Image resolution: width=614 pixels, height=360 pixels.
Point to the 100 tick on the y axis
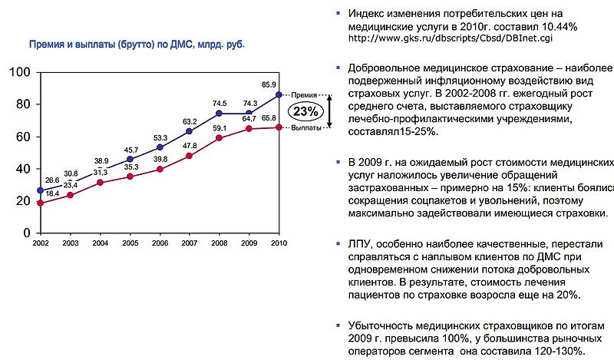pyautogui.click(x=20, y=72)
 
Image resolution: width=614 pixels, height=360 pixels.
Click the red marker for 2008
pyautogui.click(x=220, y=138)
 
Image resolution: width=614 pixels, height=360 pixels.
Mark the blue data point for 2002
pyautogui.click(x=40, y=190)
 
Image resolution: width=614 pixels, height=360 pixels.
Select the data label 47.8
pyautogui.click(x=189, y=146)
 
